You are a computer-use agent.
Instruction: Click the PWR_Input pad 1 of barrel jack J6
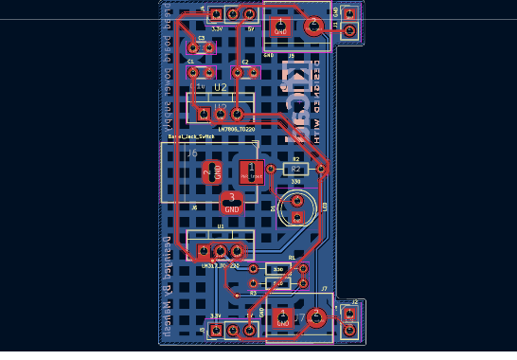(x=251, y=172)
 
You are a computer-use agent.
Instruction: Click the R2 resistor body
(x=295, y=169)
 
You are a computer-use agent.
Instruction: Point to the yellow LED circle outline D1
(x=297, y=207)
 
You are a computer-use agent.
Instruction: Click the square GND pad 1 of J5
(x=280, y=27)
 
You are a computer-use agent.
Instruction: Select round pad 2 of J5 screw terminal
(x=313, y=27)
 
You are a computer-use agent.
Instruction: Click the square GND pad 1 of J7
(x=282, y=318)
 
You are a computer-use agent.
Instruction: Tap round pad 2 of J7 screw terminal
(x=317, y=318)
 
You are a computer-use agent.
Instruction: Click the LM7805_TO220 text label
(x=236, y=128)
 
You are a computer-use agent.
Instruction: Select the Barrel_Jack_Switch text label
(x=191, y=136)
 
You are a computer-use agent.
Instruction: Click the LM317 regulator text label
(x=221, y=266)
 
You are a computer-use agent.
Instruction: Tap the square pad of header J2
(x=349, y=314)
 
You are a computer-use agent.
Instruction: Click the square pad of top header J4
(x=216, y=15)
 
